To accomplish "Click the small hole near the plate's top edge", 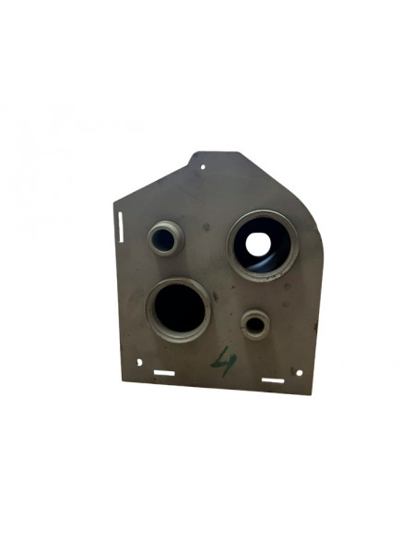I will [204, 167].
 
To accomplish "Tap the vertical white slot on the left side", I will [121, 224].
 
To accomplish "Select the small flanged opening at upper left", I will [165, 238].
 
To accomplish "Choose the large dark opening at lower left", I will [178, 309].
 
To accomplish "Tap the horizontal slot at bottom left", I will [164, 373].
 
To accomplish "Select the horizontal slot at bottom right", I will [272, 379].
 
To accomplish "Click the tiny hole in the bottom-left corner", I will [139, 362].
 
